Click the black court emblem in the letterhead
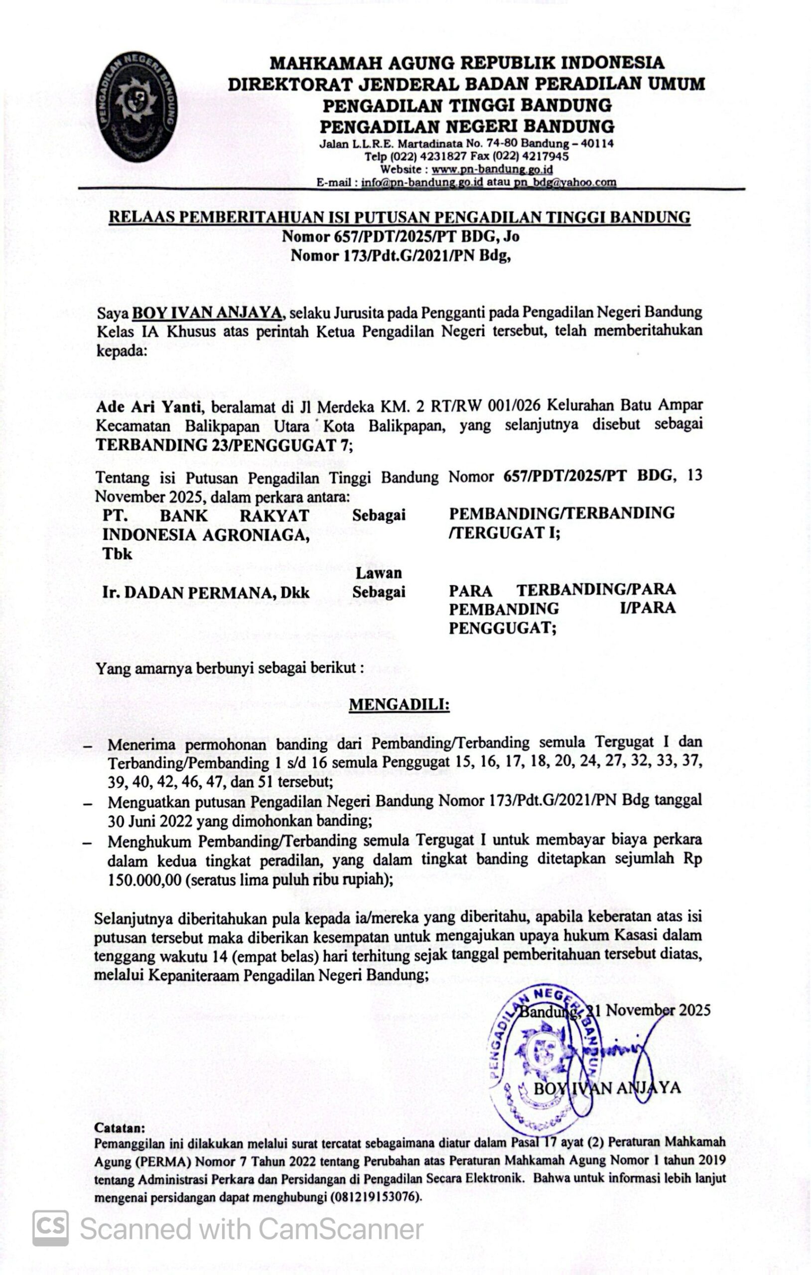[136, 107]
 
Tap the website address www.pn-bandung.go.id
[492, 169]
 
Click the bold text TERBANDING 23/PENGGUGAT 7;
[224, 445]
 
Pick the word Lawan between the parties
[379, 572]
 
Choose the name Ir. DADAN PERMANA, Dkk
[206, 593]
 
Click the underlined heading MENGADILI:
[400, 705]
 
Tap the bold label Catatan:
[119, 1127]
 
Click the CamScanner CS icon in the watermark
[51, 1228]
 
